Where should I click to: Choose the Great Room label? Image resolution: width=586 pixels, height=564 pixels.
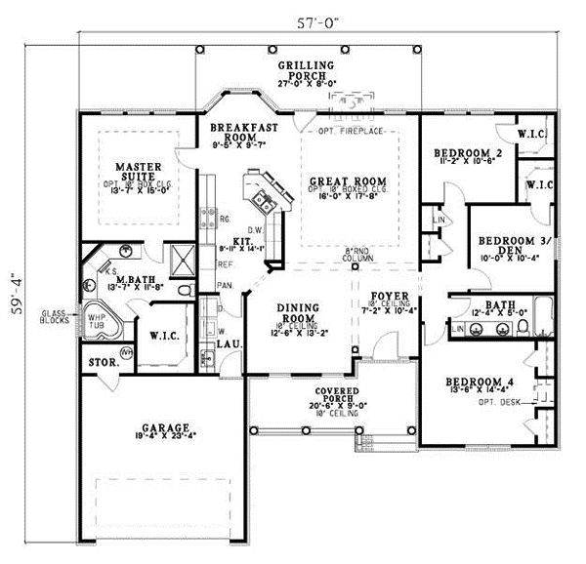pos(349,181)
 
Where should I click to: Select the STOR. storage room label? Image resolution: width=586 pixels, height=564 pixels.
pos(101,362)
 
